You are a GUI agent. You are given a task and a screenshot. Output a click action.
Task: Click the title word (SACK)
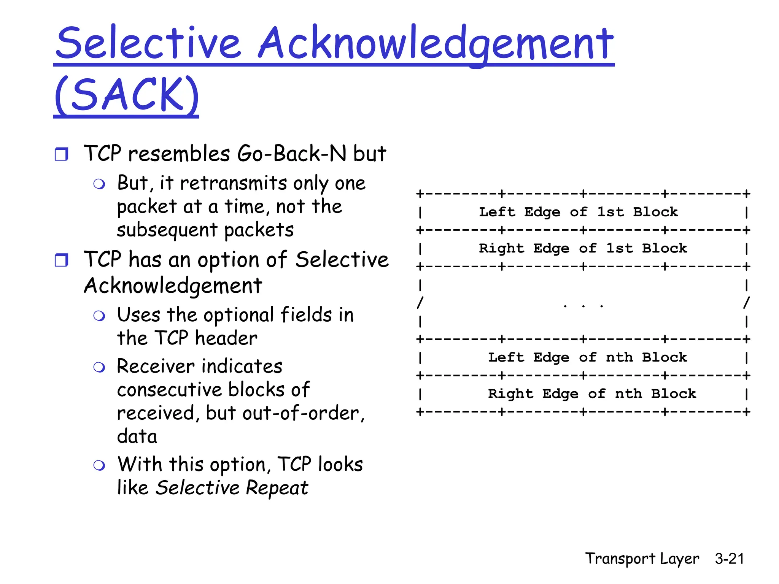coord(126,94)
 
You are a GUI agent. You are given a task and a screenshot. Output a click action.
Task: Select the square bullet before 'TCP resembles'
coord(61,154)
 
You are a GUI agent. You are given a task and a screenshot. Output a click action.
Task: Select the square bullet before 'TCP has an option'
coord(61,260)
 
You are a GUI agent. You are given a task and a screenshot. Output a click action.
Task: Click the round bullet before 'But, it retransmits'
coord(99,184)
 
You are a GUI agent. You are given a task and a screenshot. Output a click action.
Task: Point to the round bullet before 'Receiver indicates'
coord(99,367)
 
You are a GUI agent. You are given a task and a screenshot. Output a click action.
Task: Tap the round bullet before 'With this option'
coord(99,465)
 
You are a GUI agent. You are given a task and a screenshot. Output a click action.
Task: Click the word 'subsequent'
coord(167,230)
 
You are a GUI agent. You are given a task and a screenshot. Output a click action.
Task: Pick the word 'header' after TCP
coord(226,338)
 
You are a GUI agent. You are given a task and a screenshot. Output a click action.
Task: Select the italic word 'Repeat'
coord(277,487)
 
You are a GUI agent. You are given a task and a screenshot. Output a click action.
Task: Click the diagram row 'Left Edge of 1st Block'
coord(578,212)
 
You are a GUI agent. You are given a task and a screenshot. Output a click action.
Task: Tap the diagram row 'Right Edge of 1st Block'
coord(583,248)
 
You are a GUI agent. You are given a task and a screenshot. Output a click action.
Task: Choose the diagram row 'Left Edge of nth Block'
coord(587,357)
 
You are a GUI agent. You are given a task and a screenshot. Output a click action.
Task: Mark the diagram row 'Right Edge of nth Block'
coord(592,394)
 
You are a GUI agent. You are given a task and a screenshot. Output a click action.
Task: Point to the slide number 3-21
coord(729,559)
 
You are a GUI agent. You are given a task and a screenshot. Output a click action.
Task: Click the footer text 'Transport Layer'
coord(642,559)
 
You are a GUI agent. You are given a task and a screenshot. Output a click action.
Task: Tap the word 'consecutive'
coord(169,390)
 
